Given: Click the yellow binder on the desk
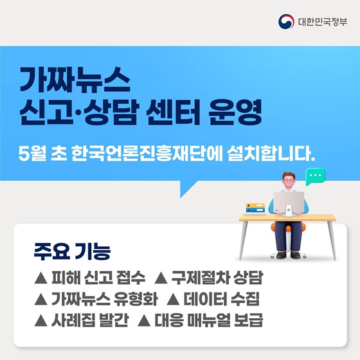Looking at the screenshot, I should [255, 204].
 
